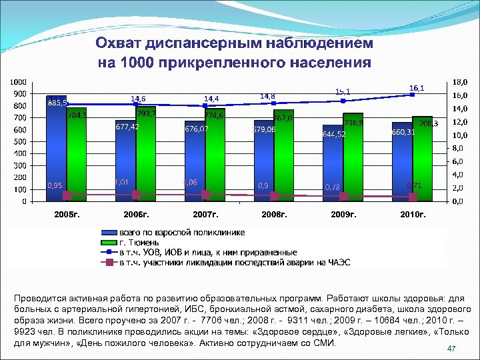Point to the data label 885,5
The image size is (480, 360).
click(57, 103)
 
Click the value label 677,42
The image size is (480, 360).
click(127, 127)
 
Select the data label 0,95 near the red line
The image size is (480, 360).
click(55, 185)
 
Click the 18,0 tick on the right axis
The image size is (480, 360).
click(461, 82)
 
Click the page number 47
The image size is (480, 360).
click(451, 349)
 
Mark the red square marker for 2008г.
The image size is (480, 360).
click(275, 196)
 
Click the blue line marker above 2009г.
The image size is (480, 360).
click(343, 101)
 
